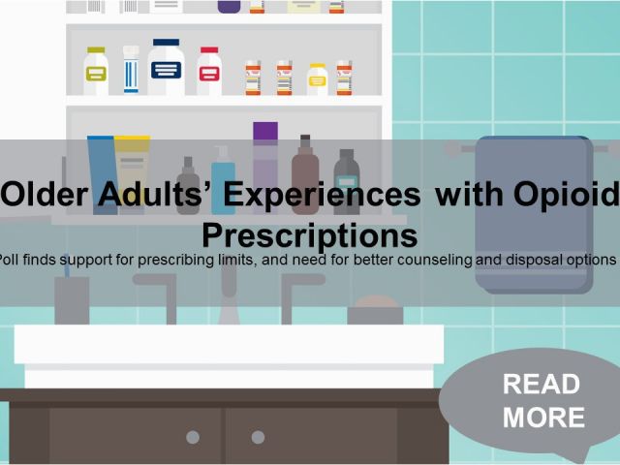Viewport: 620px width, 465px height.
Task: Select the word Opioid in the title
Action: [566, 195]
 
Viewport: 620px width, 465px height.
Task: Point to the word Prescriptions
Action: [310, 235]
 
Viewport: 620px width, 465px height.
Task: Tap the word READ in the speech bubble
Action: [542, 384]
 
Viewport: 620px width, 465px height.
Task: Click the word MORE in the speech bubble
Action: [543, 418]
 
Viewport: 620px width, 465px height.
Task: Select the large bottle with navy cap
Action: [166, 67]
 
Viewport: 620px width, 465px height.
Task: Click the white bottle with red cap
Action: [209, 71]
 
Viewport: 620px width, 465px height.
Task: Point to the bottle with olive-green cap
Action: [96, 71]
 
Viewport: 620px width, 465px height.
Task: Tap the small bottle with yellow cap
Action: [317, 79]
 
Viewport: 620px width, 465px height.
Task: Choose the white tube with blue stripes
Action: [131, 70]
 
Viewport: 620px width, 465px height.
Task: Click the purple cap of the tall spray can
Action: [265, 131]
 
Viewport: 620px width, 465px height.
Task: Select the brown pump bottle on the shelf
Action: [305, 174]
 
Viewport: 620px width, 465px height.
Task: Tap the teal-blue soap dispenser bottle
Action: [224, 180]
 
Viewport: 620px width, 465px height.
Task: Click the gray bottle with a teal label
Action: [347, 182]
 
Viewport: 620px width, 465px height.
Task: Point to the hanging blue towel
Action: [534, 214]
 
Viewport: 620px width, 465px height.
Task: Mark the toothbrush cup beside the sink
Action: [72, 300]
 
